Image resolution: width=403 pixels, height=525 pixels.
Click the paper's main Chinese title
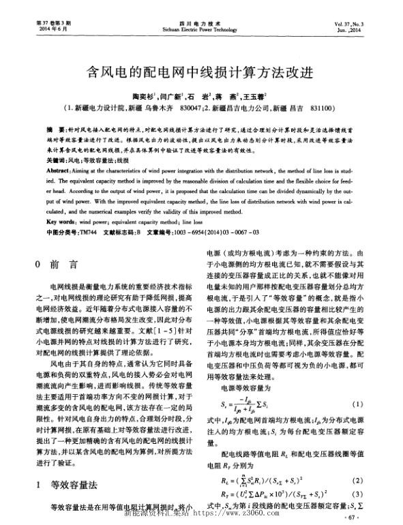[x=201, y=71]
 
